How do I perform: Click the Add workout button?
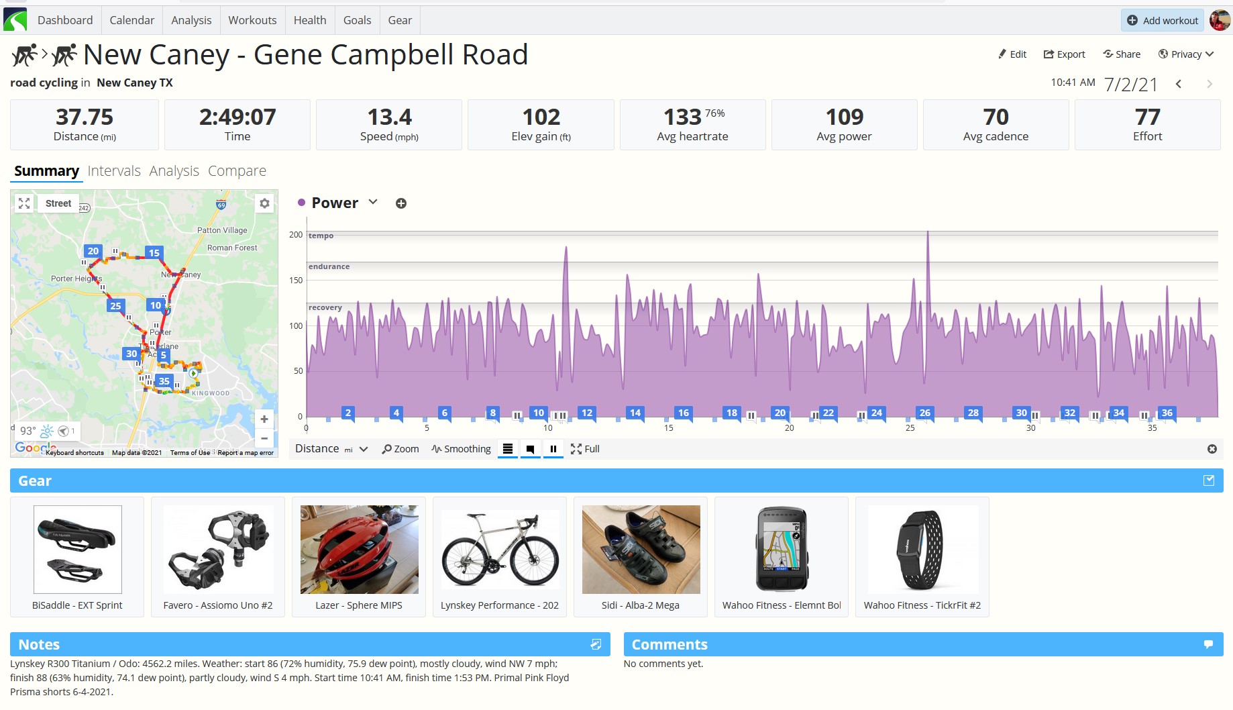tap(1162, 20)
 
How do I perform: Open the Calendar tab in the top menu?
tap(131, 20)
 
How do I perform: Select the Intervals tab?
tap(114, 171)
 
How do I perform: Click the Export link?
tap(1064, 54)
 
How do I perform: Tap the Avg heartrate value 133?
tap(682, 117)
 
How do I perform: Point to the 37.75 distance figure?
tap(85, 117)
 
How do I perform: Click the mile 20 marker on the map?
tap(93, 252)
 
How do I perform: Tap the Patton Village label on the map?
tap(222, 230)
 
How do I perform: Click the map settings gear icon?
tap(265, 203)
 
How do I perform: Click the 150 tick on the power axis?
tap(296, 281)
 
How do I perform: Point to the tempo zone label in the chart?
tap(321, 236)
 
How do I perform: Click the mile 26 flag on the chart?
tap(925, 413)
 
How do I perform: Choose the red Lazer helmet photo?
tap(360, 550)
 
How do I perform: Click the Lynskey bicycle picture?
tap(500, 550)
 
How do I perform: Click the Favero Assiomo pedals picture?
tap(219, 550)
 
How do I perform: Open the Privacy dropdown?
tap(1186, 54)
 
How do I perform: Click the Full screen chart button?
tap(585, 449)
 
